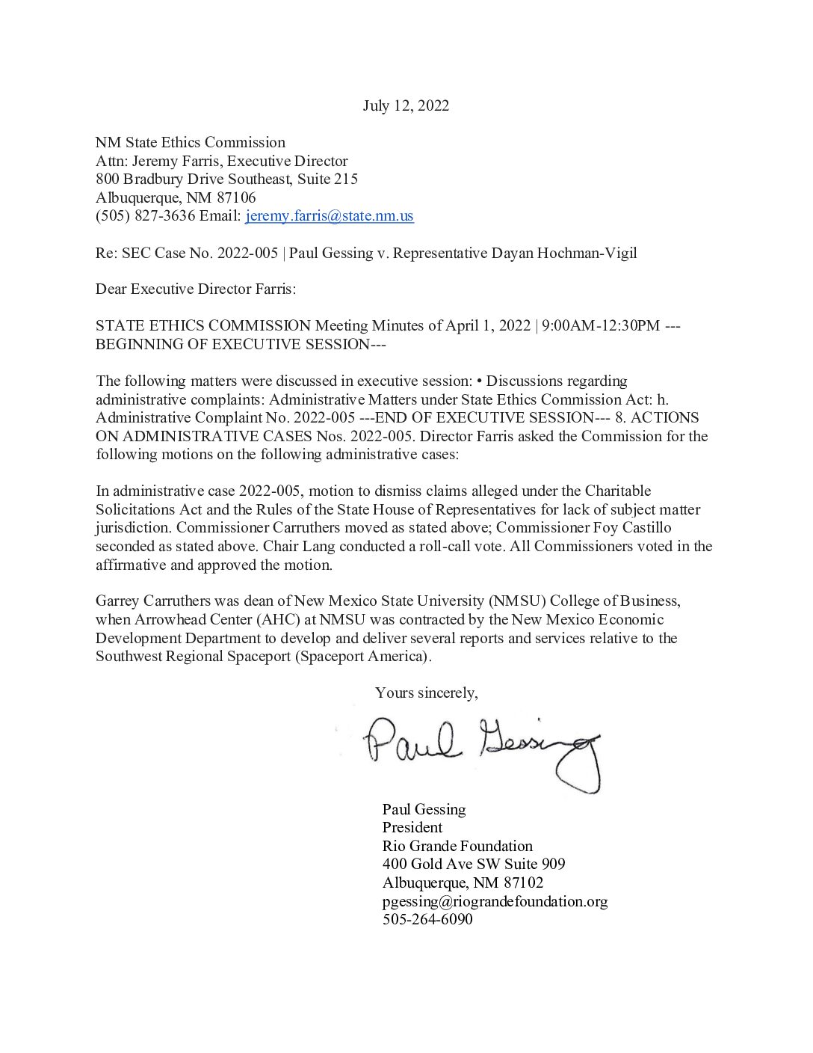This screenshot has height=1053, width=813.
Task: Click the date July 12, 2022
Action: point(406,105)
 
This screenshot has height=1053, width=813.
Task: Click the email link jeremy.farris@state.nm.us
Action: point(329,216)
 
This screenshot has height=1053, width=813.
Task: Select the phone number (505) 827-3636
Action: point(146,216)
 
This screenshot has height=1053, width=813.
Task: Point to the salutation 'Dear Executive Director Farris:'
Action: point(196,289)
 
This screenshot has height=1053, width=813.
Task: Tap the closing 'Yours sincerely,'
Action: point(426,693)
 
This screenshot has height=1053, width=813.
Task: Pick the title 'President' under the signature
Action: point(412,827)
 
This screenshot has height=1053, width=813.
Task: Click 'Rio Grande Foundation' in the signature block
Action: point(457,846)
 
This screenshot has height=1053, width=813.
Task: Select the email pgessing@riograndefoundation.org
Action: point(495,901)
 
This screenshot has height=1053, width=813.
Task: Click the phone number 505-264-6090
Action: point(427,919)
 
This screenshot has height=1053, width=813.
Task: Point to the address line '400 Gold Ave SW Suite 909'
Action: point(474,865)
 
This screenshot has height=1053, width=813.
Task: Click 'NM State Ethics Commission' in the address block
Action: point(191,142)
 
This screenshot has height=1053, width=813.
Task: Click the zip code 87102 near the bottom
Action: point(523,882)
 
